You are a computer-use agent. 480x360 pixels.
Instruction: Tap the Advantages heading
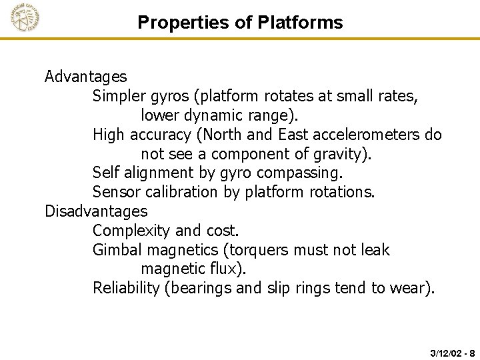85,77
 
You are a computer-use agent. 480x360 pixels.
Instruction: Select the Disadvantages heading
96,211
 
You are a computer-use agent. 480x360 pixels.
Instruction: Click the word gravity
342,154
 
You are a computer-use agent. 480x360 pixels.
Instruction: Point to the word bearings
201,289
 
